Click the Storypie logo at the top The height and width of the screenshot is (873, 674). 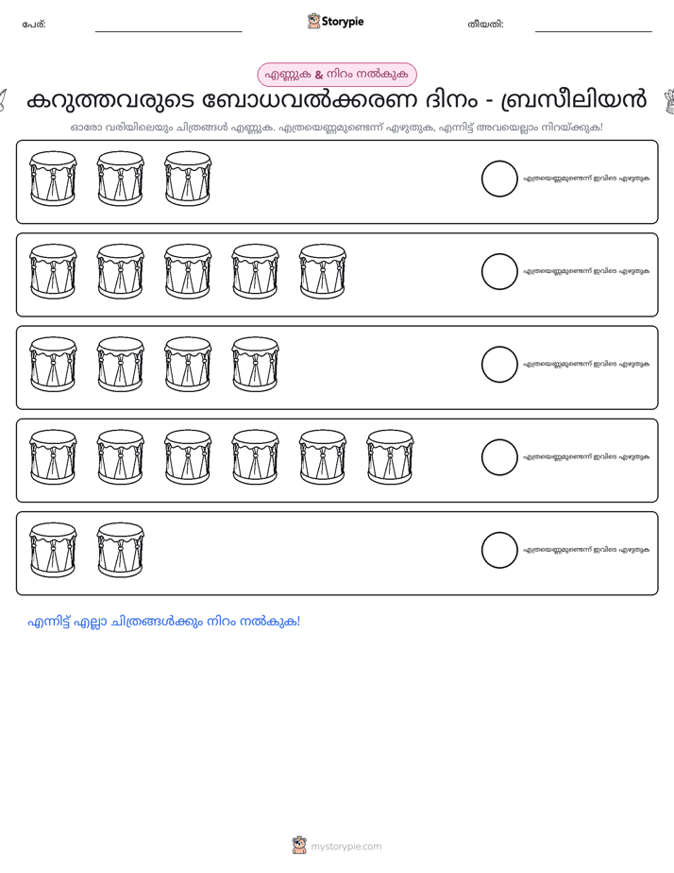[335, 21]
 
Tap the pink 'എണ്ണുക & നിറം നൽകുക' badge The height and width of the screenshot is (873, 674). [336, 75]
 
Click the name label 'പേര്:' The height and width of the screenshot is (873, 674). [34, 25]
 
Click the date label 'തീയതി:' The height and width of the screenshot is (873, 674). [485, 25]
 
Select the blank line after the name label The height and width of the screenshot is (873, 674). [168, 32]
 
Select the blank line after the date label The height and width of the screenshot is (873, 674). [594, 32]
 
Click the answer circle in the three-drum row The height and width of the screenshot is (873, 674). [499, 179]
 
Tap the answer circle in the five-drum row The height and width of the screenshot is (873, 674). [499, 272]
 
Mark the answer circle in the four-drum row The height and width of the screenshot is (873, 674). [499, 365]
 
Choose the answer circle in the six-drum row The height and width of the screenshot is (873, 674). [499, 457]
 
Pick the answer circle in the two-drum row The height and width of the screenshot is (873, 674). [499, 550]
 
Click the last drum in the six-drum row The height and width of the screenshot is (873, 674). [390, 457]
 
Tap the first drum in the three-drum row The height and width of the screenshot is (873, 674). [53, 179]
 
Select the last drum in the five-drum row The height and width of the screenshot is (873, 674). [323, 272]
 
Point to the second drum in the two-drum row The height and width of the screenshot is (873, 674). [120, 550]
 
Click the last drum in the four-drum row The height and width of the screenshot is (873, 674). [255, 365]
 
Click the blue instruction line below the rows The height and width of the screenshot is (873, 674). [164, 622]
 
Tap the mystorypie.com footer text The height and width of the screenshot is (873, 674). [345, 847]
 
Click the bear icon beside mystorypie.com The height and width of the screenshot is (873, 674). [299, 846]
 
